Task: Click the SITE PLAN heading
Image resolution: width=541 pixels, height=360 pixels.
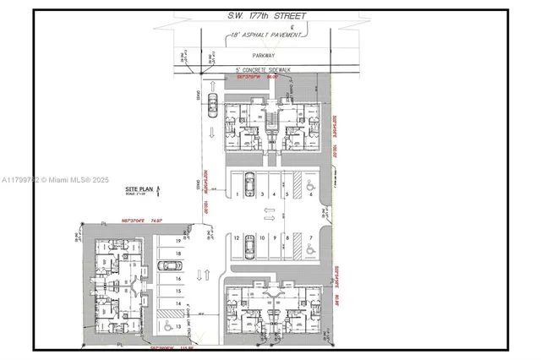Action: (138, 190)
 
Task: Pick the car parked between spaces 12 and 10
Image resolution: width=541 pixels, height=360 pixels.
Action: (250, 246)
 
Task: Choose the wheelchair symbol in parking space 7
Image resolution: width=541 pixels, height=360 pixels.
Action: (310, 248)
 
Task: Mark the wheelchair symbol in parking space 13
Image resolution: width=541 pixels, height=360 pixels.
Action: (167, 325)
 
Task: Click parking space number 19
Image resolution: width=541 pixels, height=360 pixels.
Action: (178, 241)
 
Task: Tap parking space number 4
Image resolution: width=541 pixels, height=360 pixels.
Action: (275, 194)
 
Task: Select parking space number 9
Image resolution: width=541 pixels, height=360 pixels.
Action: (275, 238)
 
